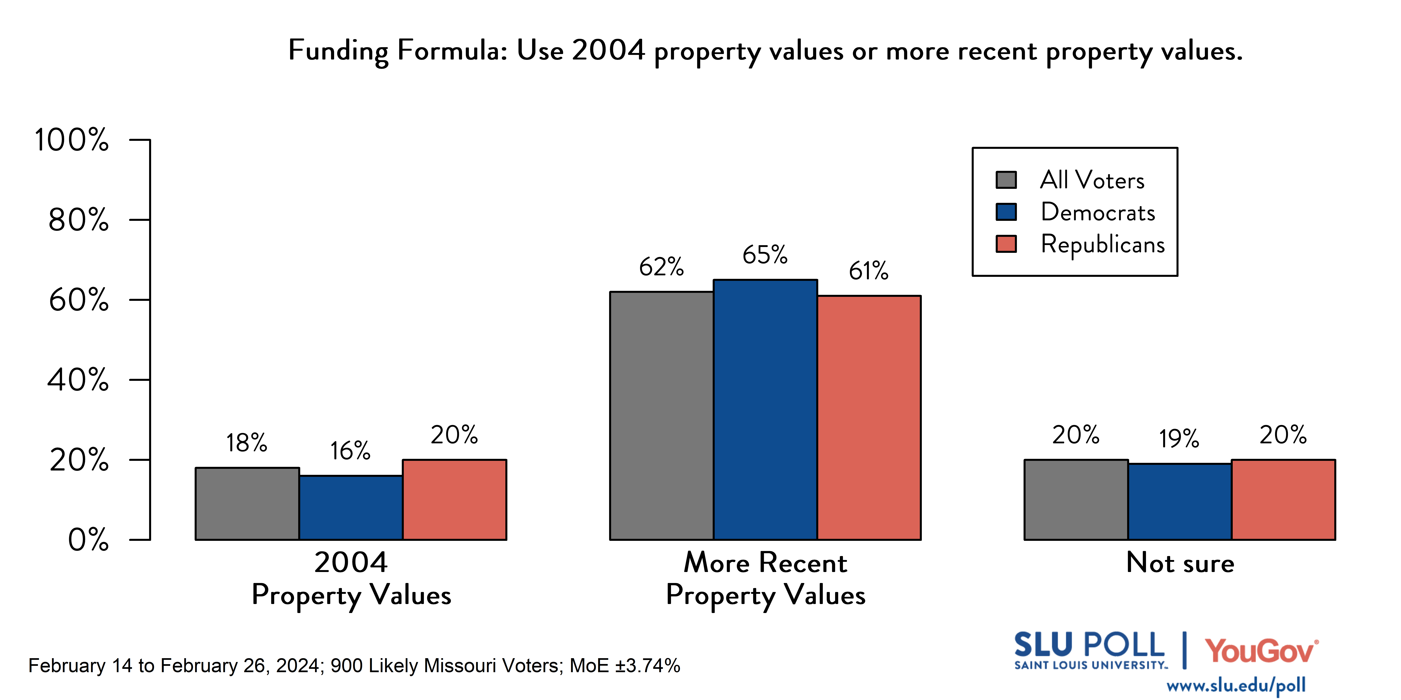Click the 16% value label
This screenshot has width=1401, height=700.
(x=350, y=450)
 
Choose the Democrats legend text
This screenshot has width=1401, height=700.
(x=1097, y=212)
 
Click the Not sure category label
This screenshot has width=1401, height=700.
(x=1180, y=562)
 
